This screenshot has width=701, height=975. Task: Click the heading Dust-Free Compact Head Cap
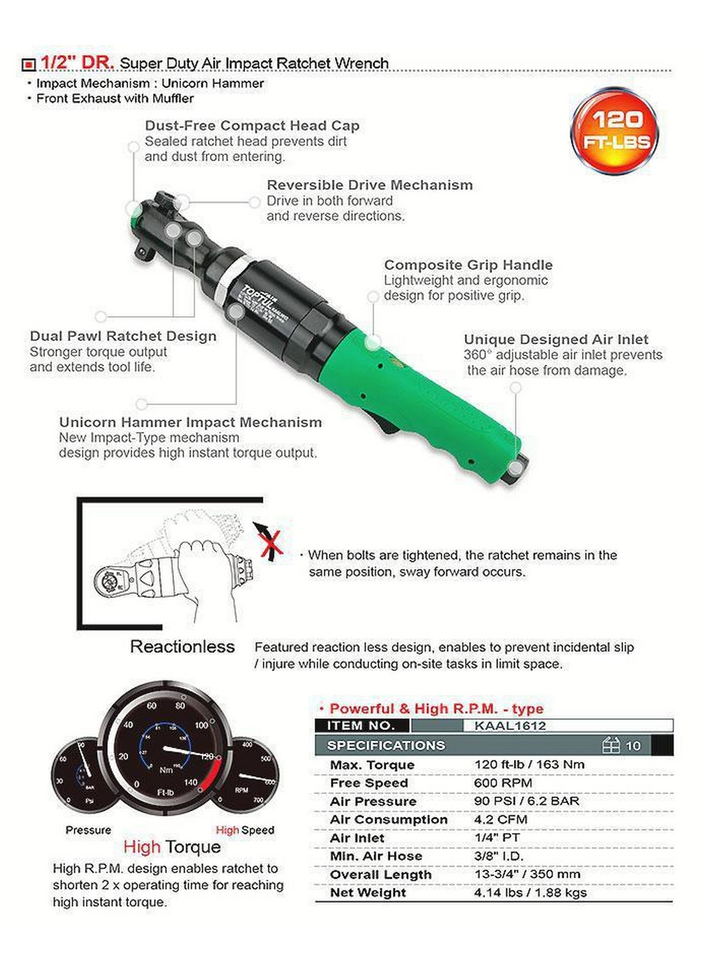tap(252, 125)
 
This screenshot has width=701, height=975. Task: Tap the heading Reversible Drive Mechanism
tap(369, 185)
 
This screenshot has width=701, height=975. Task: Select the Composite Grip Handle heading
tap(468, 265)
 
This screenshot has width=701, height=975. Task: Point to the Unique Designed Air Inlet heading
tap(555, 339)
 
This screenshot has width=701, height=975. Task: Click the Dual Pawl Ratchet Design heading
tap(123, 336)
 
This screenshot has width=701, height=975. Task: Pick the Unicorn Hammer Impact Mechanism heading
tap(190, 422)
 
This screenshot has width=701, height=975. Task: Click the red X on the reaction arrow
tap(270, 542)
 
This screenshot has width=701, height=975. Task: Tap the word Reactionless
tap(182, 647)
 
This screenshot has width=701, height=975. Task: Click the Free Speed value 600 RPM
tap(503, 783)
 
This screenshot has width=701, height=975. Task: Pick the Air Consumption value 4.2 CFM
tap(501, 819)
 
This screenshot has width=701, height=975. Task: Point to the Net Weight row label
tap(368, 892)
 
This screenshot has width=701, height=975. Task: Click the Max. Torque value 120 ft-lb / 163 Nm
tap(529, 764)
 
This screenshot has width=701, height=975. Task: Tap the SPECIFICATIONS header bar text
tap(386, 745)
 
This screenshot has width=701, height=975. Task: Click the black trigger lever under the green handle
tap(383, 423)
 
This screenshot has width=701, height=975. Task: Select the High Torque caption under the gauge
tap(172, 847)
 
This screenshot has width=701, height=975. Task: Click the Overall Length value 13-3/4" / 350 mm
tap(527, 874)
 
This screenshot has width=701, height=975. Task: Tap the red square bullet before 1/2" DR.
tap(28, 65)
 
